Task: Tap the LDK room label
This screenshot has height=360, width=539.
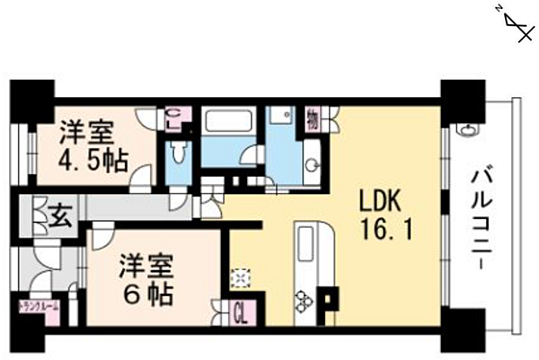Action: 384,199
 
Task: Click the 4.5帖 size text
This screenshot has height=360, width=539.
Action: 93,162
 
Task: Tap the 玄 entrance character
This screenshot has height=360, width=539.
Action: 58,215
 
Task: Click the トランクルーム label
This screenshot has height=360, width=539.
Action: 39,307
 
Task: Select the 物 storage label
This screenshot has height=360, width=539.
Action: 313,116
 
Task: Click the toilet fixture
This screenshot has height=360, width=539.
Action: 179,154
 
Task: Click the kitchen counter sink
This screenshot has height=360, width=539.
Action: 311,241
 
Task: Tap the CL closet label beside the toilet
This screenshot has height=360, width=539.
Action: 176,118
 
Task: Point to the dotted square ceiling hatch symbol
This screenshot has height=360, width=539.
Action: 241,278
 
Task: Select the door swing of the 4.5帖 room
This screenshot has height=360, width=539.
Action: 140,179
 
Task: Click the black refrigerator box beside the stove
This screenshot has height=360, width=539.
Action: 330,297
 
